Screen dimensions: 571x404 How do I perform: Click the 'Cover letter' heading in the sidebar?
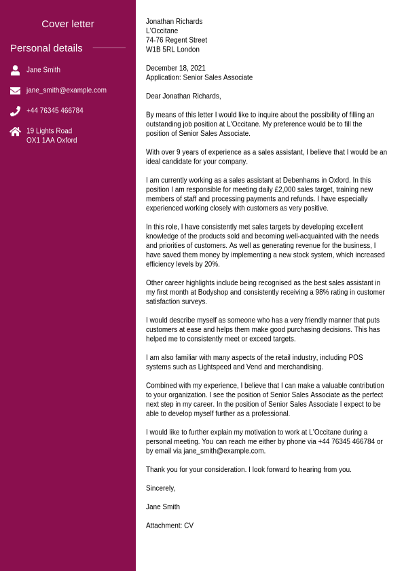click(x=68, y=24)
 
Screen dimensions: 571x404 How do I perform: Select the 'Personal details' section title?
click(x=46, y=48)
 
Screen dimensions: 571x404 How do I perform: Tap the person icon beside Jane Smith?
click(x=15, y=70)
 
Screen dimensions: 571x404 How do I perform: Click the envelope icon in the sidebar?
click(x=15, y=90)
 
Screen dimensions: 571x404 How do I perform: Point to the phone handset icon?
click(x=15, y=111)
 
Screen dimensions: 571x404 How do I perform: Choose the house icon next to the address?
click(x=15, y=132)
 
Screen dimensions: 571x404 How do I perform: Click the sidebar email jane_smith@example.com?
click(x=67, y=90)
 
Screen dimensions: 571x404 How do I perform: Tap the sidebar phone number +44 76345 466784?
click(x=55, y=111)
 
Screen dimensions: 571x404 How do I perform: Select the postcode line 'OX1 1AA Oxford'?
click(x=52, y=141)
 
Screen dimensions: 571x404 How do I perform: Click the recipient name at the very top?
click(x=174, y=22)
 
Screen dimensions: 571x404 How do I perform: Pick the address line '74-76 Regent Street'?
click(x=177, y=40)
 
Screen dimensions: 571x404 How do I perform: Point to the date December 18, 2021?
click(x=176, y=69)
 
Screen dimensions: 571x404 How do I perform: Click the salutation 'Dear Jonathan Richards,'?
click(x=183, y=96)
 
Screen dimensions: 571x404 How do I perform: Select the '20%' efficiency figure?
click(x=211, y=264)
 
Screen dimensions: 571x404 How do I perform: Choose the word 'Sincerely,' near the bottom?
click(x=161, y=488)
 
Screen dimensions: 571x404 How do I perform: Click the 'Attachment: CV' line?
click(x=170, y=526)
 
